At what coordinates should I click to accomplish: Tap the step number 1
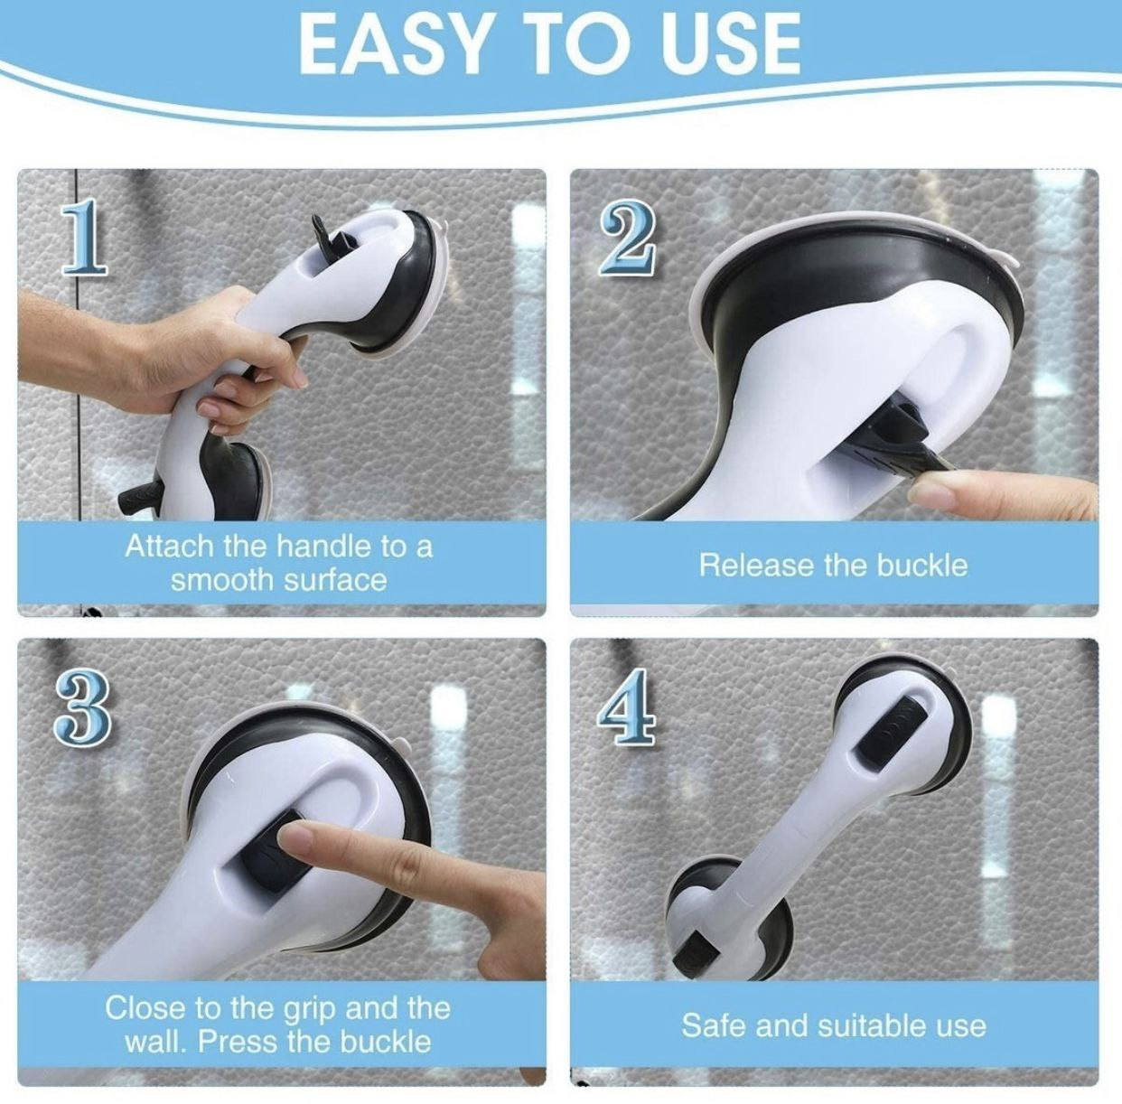click(x=85, y=238)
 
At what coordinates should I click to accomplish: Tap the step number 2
click(x=628, y=238)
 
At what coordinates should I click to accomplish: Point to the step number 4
click(x=627, y=706)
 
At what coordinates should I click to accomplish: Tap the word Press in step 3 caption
click(x=238, y=1042)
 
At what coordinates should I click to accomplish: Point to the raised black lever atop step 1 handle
click(x=331, y=234)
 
